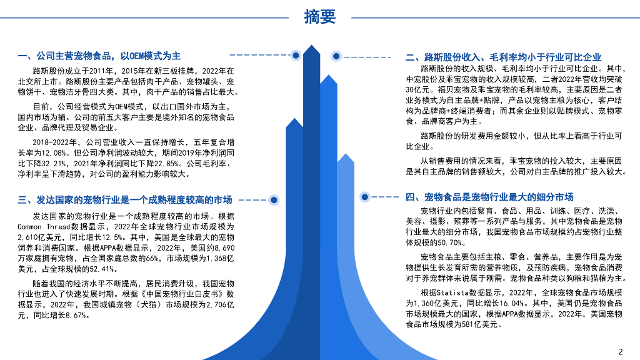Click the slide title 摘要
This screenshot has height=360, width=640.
(x=320, y=17)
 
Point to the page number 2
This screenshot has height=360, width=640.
(x=621, y=351)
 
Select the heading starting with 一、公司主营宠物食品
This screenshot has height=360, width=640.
(x=99, y=56)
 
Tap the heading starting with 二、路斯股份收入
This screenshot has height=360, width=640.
(x=503, y=57)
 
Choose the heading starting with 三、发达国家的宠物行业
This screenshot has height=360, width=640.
(x=125, y=200)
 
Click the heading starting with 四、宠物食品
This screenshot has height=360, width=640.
(x=489, y=197)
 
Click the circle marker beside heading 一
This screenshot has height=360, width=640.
(x=296, y=56)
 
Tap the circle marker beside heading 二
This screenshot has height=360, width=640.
(x=336, y=56)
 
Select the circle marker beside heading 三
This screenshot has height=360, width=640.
(x=273, y=201)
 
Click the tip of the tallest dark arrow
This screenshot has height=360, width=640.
(x=311, y=46)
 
